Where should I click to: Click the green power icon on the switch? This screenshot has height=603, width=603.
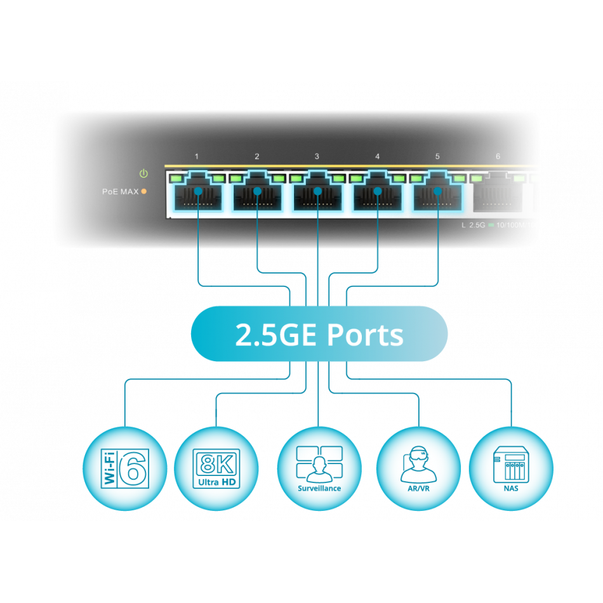point(143,173)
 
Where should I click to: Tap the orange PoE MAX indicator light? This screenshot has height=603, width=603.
point(144,191)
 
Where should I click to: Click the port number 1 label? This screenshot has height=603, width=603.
point(197,156)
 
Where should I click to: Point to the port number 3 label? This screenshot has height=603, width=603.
point(317,156)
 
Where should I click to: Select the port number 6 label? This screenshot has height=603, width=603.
point(498,156)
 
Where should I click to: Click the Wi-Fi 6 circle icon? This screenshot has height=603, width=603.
point(125,468)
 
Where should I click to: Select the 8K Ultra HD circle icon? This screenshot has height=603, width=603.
point(216,468)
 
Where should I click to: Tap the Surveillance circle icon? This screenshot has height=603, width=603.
point(319,468)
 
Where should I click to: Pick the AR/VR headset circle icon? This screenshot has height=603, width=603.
point(419,468)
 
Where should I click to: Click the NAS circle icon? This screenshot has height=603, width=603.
point(511,468)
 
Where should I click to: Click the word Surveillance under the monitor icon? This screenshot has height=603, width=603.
point(319,489)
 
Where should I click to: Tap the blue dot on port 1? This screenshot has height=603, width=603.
point(198,190)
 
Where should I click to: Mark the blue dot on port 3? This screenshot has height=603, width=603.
point(318,190)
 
